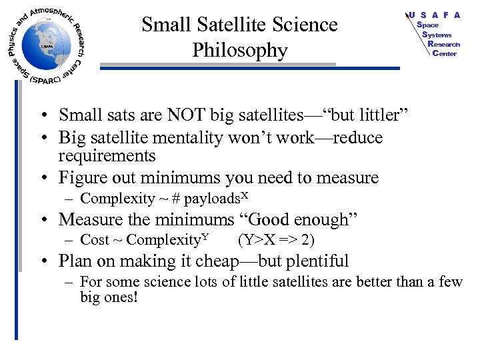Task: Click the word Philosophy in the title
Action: [x=240, y=50]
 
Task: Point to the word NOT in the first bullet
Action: [x=182, y=116]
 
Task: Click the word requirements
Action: [x=107, y=156]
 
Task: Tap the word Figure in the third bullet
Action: [x=82, y=178]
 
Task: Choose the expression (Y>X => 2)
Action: [x=276, y=240]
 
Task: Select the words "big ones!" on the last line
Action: [x=109, y=297]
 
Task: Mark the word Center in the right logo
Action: [x=445, y=53]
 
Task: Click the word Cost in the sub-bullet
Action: [x=94, y=240]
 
